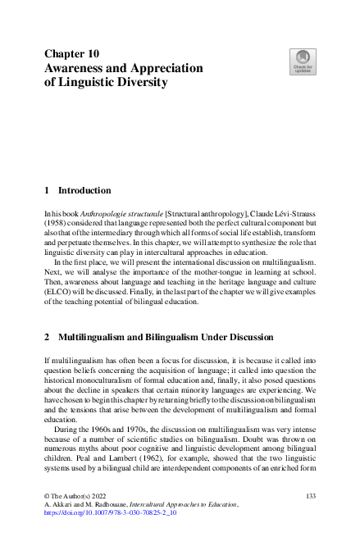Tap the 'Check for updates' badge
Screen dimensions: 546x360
pos(302,61)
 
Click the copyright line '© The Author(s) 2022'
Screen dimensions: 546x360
pos(79,498)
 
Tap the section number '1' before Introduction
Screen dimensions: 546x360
pos(47,190)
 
